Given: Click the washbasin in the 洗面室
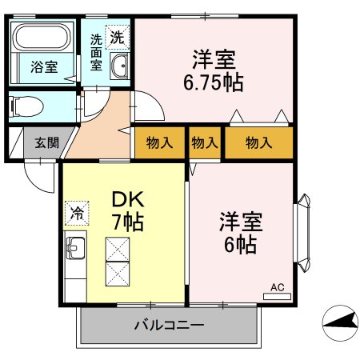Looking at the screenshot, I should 119,67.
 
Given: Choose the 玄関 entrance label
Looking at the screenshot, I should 46,143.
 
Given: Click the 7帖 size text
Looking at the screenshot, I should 126,222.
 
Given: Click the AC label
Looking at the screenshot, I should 277,287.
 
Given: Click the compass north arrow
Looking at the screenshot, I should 340,323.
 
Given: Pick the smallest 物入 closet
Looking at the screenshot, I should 205,143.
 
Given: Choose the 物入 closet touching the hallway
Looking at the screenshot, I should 159,143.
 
